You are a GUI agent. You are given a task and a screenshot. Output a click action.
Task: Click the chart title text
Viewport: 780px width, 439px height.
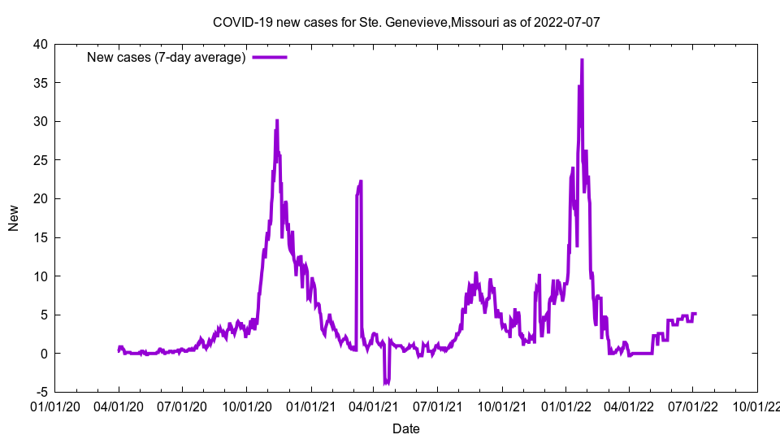[x=406, y=22]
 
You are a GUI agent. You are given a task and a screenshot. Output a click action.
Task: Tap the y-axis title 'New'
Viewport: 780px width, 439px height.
[x=13, y=218]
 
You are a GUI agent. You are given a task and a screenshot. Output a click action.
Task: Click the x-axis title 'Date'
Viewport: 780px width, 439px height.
[x=406, y=428]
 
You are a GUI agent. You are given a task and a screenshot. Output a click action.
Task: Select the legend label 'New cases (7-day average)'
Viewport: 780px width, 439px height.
[x=167, y=57]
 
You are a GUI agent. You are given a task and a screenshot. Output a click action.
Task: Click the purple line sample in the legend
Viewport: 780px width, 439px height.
[x=270, y=57]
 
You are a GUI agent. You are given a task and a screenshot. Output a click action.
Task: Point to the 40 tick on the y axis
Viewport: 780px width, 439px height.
[x=40, y=44]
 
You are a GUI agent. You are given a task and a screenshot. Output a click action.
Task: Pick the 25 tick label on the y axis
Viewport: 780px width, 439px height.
[x=40, y=160]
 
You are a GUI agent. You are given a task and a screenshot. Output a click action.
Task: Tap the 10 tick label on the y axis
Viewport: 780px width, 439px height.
[x=40, y=276]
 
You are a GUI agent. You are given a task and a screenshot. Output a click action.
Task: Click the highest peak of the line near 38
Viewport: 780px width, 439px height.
[x=582, y=60]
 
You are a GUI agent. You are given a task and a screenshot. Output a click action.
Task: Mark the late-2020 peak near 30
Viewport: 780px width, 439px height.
[x=277, y=121]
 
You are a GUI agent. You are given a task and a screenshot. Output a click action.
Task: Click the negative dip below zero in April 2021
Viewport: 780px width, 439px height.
[x=387, y=382]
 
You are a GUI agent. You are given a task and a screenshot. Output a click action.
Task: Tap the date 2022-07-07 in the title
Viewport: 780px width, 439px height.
[x=566, y=22]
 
